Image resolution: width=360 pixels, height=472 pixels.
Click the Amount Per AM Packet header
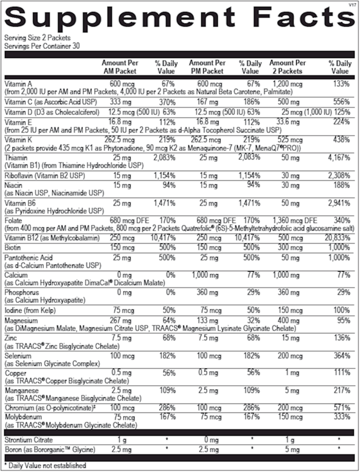pos(120,67)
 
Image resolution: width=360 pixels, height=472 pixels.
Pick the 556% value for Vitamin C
pos(341,102)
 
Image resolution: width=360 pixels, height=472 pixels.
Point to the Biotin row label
pos(12,247)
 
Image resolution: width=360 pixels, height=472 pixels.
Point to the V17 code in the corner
pos(351,4)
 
